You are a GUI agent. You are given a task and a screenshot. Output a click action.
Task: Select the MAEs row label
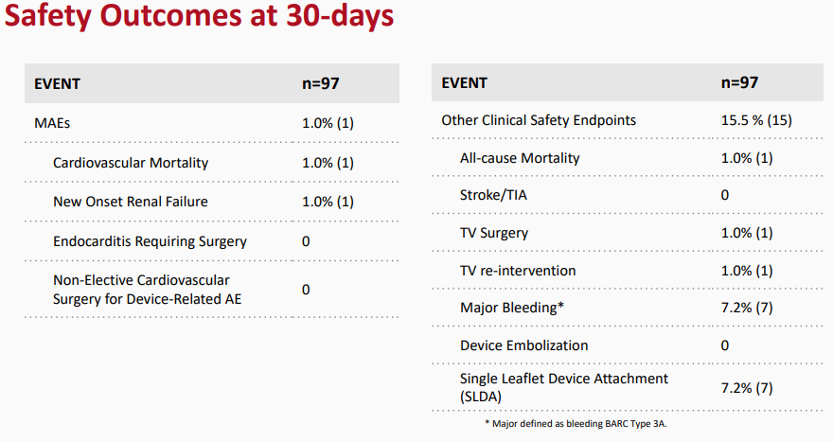pos(52,123)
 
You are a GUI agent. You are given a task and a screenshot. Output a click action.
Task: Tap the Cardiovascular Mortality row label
pos(131,163)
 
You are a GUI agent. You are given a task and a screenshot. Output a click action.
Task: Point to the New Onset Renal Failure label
pos(131,202)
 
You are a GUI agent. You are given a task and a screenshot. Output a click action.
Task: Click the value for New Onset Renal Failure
pos(328,202)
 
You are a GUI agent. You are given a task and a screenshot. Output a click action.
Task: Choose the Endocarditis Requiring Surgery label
pos(150,241)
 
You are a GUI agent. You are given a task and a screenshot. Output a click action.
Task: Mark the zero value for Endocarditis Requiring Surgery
pos(306,241)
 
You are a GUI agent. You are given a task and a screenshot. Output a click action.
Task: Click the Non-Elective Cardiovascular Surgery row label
pos(147,290)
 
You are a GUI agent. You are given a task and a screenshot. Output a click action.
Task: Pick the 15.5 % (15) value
pos(756,120)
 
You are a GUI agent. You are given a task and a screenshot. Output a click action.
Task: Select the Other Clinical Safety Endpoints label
pos(539,120)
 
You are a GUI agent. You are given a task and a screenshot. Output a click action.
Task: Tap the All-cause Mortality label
pos(520,158)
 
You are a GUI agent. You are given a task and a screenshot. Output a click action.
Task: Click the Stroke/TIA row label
pos(493,196)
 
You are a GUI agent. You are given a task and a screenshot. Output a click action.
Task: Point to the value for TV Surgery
pos(747,233)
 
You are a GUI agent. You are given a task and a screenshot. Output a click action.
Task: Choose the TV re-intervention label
pos(518,271)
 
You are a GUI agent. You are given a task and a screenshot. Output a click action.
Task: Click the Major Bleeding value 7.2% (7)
pos(747,309)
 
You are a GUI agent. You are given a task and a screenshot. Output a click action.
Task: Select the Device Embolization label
pos(523,345)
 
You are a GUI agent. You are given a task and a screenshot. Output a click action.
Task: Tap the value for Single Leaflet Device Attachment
pos(747,388)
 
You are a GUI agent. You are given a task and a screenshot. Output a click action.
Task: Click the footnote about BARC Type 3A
pos(576,424)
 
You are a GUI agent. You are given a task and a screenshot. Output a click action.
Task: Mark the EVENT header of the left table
pos(58,84)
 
